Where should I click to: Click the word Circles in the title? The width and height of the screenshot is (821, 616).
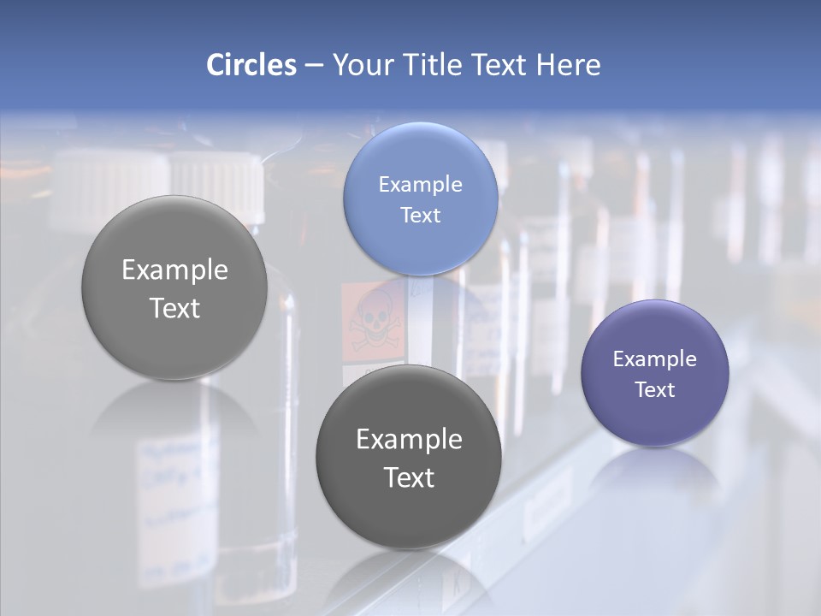point(251,65)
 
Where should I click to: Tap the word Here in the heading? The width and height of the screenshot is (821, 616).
point(569,65)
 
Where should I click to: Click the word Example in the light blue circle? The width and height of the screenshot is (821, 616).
point(421,185)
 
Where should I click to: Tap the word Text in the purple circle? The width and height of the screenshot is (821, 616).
point(655,390)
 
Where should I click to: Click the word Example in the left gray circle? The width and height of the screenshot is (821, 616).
point(174,270)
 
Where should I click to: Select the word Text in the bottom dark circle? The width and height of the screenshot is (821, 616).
point(409,477)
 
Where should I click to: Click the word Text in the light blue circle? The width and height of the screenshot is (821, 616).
point(421,216)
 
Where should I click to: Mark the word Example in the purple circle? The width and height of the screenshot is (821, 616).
point(655,359)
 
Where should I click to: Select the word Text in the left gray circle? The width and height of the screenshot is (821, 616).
point(174,308)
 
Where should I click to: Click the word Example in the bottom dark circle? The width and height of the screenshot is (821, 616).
point(409,440)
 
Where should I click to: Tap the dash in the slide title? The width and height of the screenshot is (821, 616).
point(314,66)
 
